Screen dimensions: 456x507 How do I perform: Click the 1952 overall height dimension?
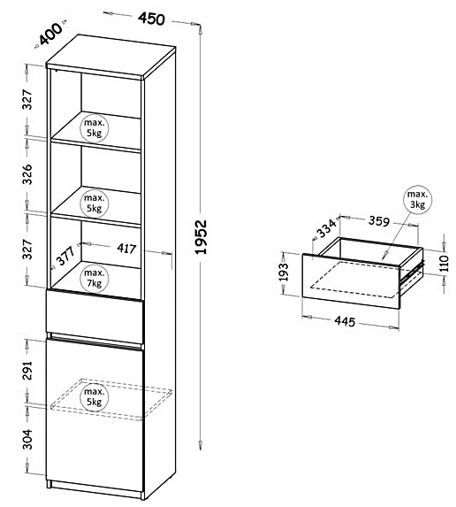pyautogui.click(x=201, y=236)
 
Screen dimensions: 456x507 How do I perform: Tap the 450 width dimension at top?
pyautogui.click(x=151, y=19)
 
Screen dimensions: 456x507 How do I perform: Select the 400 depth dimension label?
pyautogui.click(x=50, y=34)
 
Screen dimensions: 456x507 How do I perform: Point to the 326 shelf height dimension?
pyautogui.click(x=27, y=174)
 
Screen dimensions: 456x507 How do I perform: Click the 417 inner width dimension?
pyautogui.click(x=126, y=249)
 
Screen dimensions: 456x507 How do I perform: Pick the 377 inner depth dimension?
pyautogui.click(x=66, y=256)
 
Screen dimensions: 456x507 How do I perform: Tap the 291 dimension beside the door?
pyautogui.click(x=27, y=370)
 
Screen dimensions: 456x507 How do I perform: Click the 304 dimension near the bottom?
pyautogui.click(x=27, y=440)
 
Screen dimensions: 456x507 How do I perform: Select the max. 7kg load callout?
pyautogui.click(x=95, y=278)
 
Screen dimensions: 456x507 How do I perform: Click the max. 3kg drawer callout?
pyautogui.click(x=418, y=199)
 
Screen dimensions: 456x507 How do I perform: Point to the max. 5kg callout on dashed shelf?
pyautogui.click(x=95, y=396)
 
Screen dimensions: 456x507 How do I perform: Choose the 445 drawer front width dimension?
pyautogui.click(x=345, y=321)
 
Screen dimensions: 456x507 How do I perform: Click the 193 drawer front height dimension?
pyautogui.click(x=283, y=273)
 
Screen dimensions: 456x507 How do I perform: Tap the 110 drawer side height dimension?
pyautogui.click(x=445, y=263)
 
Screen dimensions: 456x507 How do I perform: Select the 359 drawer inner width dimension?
pyautogui.click(x=379, y=221)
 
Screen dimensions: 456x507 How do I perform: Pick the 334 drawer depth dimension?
pyautogui.click(x=326, y=228)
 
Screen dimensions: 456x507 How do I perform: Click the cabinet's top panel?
pyautogui.click(x=110, y=56)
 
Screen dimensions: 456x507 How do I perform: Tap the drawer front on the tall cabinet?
pyautogui.click(x=95, y=317)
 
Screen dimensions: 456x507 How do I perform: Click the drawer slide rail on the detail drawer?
pyautogui.click(x=412, y=275)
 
